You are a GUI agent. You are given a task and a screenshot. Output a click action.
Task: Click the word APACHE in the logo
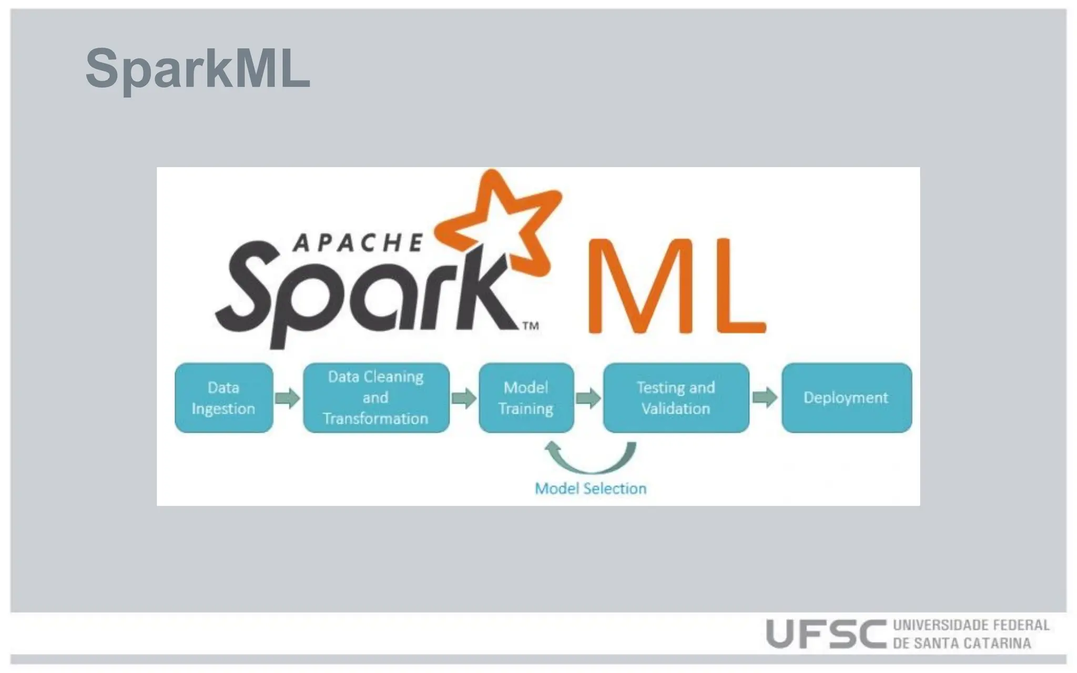tap(358, 243)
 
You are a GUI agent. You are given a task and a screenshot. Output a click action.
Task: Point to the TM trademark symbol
tap(531, 326)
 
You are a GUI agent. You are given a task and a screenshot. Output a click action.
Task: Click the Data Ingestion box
tap(224, 398)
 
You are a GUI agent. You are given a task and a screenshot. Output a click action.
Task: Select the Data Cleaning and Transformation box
tap(376, 398)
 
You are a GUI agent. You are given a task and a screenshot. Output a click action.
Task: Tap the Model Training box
tap(526, 398)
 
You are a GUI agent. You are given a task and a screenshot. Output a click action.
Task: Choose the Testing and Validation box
tap(676, 398)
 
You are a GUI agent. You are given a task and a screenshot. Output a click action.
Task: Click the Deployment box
tap(846, 398)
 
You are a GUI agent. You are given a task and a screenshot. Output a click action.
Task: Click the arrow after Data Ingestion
tap(287, 398)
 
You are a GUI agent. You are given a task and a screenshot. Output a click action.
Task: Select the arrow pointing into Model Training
tap(464, 398)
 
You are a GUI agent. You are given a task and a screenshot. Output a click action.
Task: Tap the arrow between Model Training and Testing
tap(588, 398)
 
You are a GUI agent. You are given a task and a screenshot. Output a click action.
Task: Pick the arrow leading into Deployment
tap(765, 398)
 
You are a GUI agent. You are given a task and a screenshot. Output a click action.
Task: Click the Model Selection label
tap(591, 488)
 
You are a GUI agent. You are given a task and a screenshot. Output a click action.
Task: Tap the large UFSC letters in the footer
tap(826, 634)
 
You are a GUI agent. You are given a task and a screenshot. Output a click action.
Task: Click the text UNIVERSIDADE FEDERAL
tap(971, 625)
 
